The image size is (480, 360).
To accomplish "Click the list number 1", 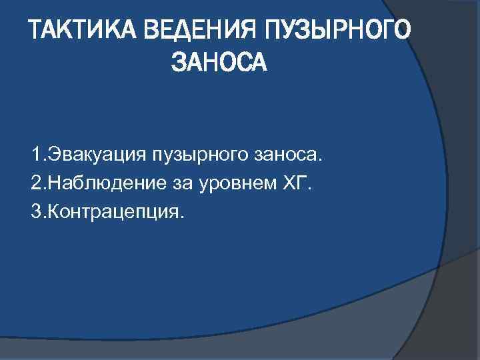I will (x=35, y=155).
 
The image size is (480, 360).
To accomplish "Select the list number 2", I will (x=35, y=183).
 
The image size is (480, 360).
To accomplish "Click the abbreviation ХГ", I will (x=293, y=183).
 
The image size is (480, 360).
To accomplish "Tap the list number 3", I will (x=35, y=211).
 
